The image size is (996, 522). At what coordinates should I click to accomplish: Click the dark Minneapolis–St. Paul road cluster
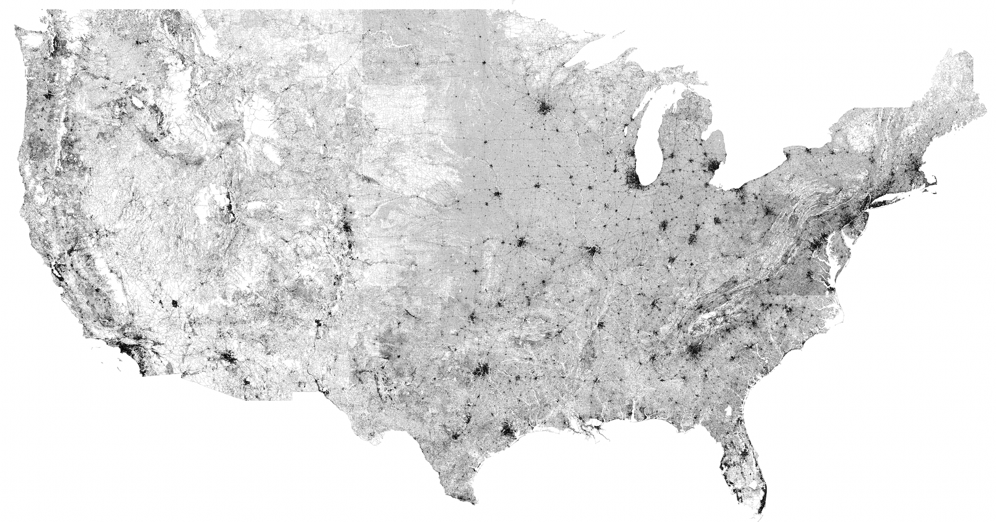pyautogui.click(x=544, y=109)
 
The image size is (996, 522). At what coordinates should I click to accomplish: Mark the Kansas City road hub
pyautogui.click(x=520, y=244)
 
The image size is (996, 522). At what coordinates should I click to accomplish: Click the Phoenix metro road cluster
pyautogui.click(x=229, y=359)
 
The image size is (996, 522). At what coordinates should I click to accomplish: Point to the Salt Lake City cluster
pyautogui.click(x=232, y=204)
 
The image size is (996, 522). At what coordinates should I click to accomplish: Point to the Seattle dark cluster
pyautogui.click(x=51, y=96)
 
